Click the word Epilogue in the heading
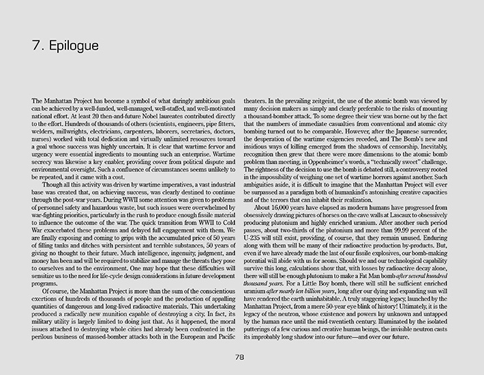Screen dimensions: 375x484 [x=74, y=46]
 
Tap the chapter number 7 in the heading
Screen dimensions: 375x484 [x=36, y=46]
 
